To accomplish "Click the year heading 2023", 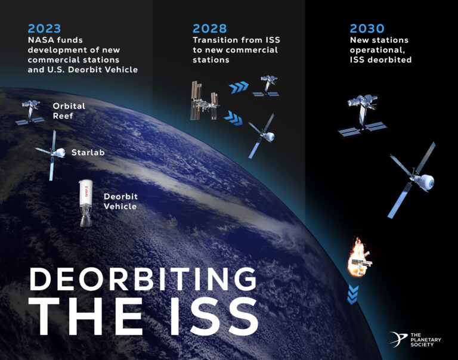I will tap(44, 28).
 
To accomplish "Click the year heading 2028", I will tap(209, 28).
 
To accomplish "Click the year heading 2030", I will tap(367, 28).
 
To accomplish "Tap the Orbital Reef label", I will tap(69, 110).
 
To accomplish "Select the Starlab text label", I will tap(88, 153).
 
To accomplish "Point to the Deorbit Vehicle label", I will tap(120, 201).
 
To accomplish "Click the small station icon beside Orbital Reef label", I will tap(30, 111).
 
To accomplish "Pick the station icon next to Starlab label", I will tap(52, 154).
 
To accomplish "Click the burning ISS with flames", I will tap(360, 257).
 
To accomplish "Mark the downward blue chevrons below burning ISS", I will tap(354, 293).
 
